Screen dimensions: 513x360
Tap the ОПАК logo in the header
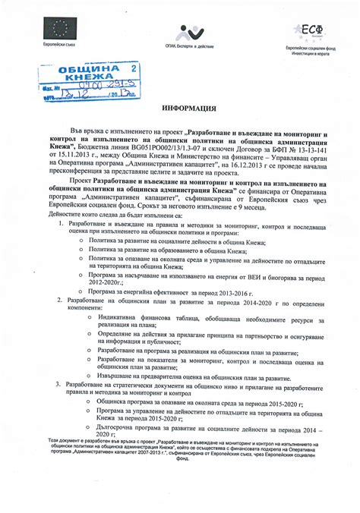(x=185, y=33)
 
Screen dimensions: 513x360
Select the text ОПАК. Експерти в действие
(x=185, y=48)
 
